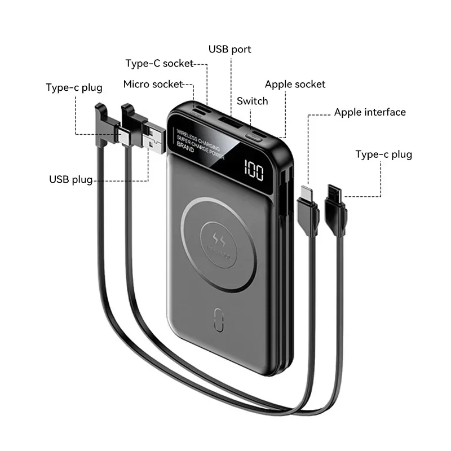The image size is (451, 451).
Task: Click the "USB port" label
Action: coord(229,50)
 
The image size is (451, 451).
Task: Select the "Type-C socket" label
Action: coord(160,64)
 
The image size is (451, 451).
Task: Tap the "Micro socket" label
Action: coord(153,85)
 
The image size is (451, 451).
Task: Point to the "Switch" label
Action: coord(252,101)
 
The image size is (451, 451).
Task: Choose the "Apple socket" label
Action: coord(295,85)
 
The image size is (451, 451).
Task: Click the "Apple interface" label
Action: coord(370,112)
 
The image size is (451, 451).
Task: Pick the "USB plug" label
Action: coord(70,180)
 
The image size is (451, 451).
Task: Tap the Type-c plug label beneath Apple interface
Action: coord(383,154)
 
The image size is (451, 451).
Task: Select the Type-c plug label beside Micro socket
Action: coord(74,87)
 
